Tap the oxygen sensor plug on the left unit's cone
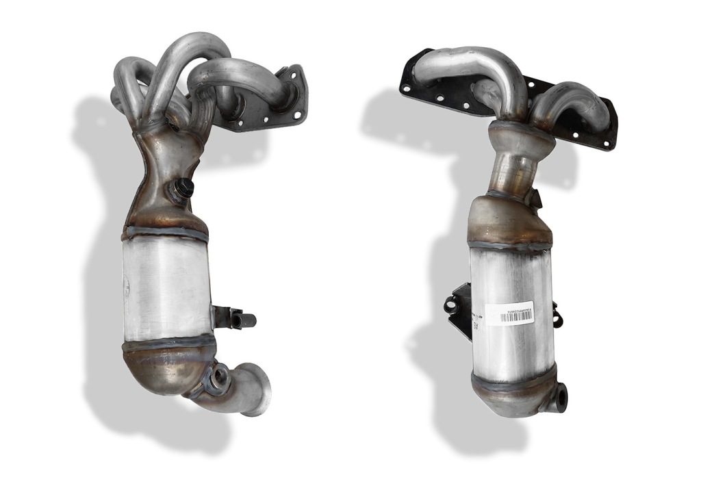[x=183, y=188]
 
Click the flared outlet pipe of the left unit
[x=249, y=389]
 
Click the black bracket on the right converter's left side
[x=460, y=307]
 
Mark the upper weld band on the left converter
[x=166, y=233]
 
